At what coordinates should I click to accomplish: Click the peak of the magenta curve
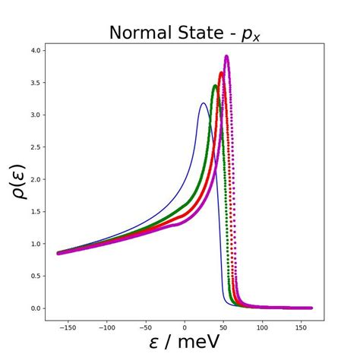pyautogui.click(x=226, y=56)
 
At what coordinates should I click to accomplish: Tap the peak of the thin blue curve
pyautogui.click(x=203, y=103)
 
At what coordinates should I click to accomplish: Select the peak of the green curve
pyautogui.click(x=215, y=86)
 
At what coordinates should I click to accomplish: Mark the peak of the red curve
pyautogui.click(x=221, y=73)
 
